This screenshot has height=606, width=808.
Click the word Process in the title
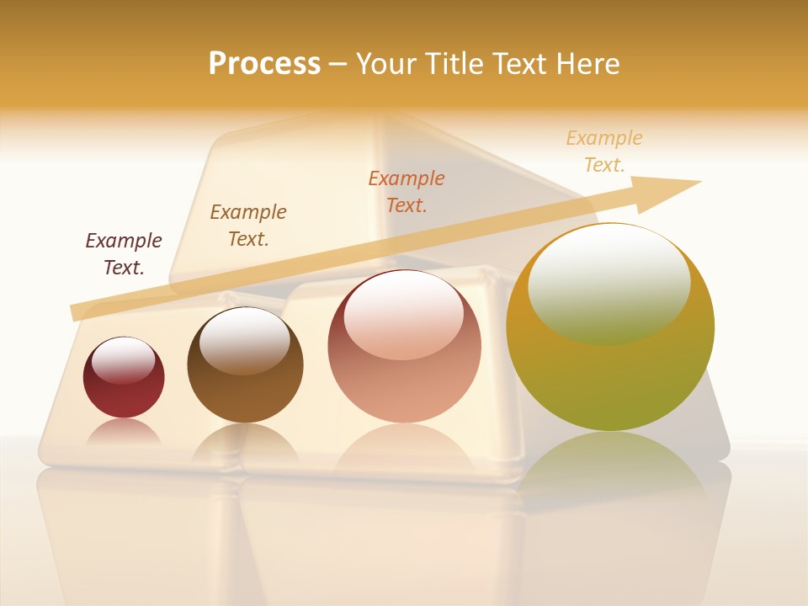coord(264,63)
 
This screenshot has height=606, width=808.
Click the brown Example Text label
coord(248,226)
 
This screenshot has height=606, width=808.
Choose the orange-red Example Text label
coord(407,191)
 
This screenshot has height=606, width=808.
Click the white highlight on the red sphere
coord(124,360)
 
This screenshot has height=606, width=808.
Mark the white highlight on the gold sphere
coord(609,282)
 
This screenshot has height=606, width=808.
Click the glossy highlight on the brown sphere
coord(244,338)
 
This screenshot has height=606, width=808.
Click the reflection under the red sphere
coord(124,432)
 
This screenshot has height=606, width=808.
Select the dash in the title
coord(338,64)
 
